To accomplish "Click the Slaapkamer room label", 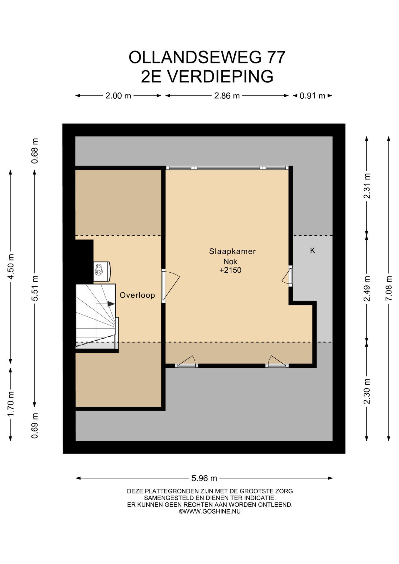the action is click(x=232, y=251).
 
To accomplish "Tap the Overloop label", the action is click(x=137, y=295).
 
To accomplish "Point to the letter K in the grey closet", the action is click(x=313, y=251).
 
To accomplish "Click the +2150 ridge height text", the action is click(x=230, y=270).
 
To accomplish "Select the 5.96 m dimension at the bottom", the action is click(x=204, y=479).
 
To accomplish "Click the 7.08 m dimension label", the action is click(x=389, y=288).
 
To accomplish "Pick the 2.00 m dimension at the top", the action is click(x=118, y=96).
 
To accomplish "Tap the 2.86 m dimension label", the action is click(x=227, y=96).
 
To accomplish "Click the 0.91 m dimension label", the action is click(x=312, y=96).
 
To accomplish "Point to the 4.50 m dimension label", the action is click(x=11, y=267).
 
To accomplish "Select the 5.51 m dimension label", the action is click(x=35, y=288).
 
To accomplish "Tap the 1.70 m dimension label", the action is click(x=11, y=404).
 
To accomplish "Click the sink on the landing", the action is click(x=102, y=269).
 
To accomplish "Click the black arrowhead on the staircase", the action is click(x=111, y=304).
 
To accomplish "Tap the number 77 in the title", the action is click(x=275, y=57).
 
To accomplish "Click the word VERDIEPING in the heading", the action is click(x=220, y=76).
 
